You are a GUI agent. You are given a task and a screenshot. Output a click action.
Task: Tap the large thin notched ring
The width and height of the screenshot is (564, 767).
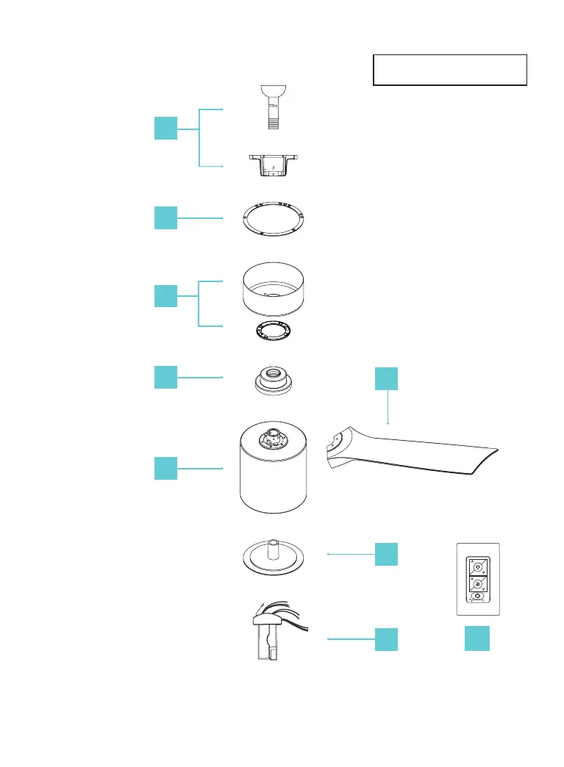pos(273,218)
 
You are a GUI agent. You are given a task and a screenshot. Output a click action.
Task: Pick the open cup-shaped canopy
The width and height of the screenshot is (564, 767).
pos(273,289)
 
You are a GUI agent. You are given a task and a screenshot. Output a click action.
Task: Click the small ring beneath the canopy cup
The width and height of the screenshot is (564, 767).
pos(273,330)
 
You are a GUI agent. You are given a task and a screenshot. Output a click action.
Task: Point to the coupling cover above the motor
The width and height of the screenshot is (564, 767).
pos(273,378)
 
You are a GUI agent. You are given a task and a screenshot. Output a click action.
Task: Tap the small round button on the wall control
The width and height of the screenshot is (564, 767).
pos(477,596)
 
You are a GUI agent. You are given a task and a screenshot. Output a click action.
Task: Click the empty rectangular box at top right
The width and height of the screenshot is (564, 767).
pos(450,70)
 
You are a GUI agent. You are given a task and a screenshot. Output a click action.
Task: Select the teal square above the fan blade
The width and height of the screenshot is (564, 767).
pos(386,378)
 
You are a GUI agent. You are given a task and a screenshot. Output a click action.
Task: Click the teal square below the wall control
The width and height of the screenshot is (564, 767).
pos(477,639)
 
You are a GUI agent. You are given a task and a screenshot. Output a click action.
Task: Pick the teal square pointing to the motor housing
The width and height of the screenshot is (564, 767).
pos(165,468)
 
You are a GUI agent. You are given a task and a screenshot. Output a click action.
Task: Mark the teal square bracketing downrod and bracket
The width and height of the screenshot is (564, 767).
pos(165,128)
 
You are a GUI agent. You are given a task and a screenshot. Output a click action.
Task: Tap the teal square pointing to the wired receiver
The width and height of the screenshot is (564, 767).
pos(386,639)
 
